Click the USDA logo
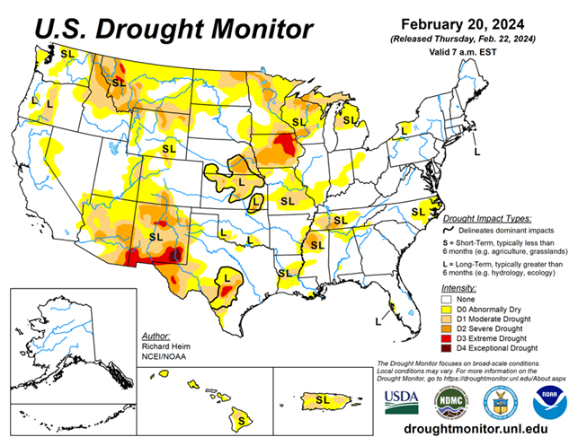(401, 400)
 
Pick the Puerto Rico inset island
(320, 398)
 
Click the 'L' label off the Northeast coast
(477, 153)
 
